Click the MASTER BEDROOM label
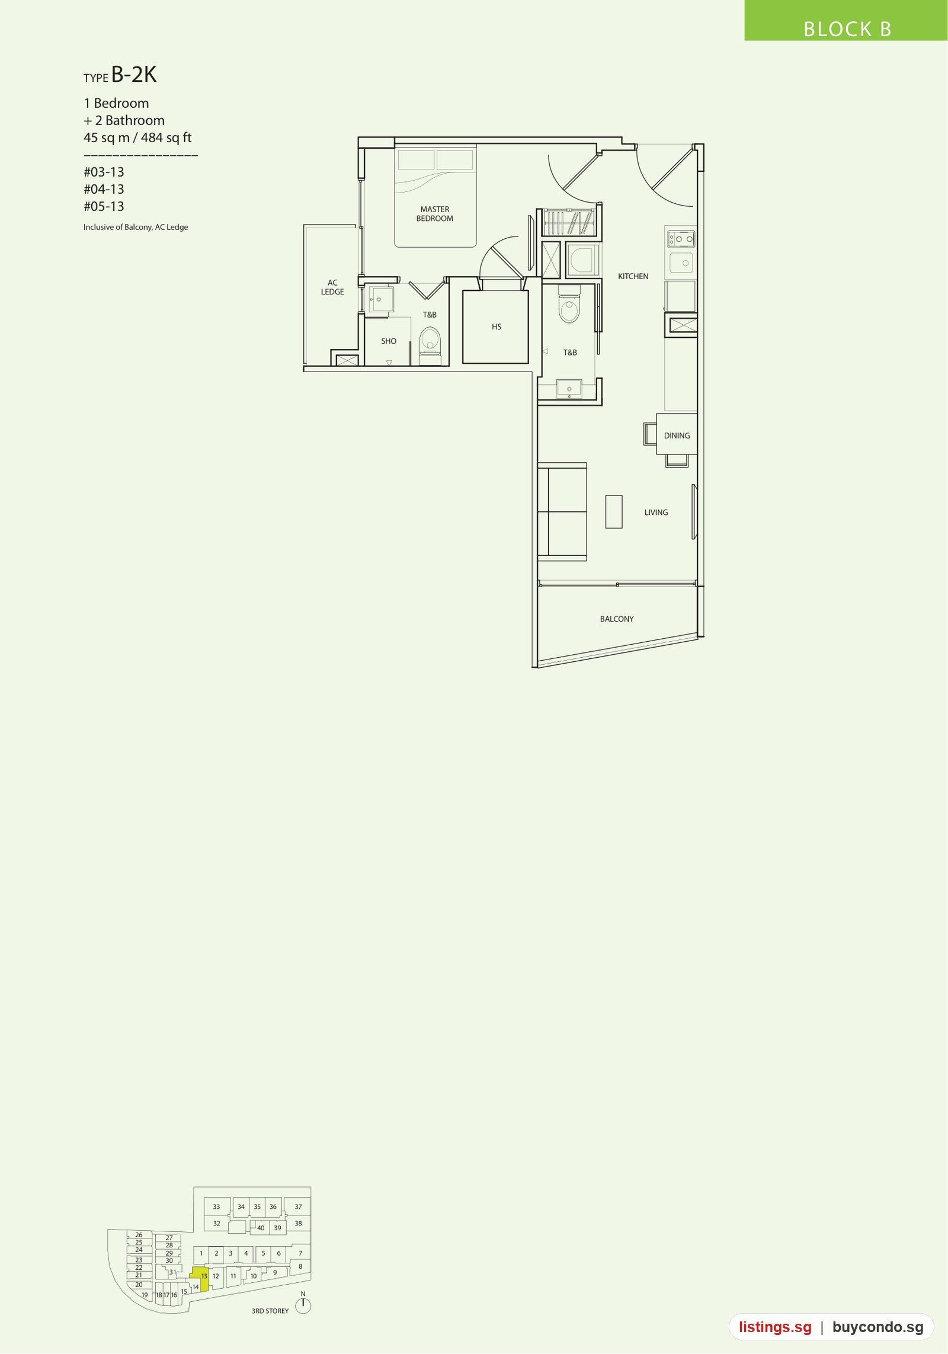coord(434,214)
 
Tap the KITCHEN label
coord(633,276)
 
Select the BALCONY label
coord(617,619)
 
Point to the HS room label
coord(497,327)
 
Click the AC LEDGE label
coord(332,287)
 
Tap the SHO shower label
coord(389,341)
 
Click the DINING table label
coord(677,436)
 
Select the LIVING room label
coord(656,513)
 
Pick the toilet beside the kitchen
coord(569,304)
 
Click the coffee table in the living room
coord(614,511)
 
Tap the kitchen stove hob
coord(681,239)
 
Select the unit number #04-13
coord(104,189)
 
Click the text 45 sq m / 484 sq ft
coord(137,137)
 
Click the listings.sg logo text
coord(775,1327)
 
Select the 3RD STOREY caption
coord(270,1311)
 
